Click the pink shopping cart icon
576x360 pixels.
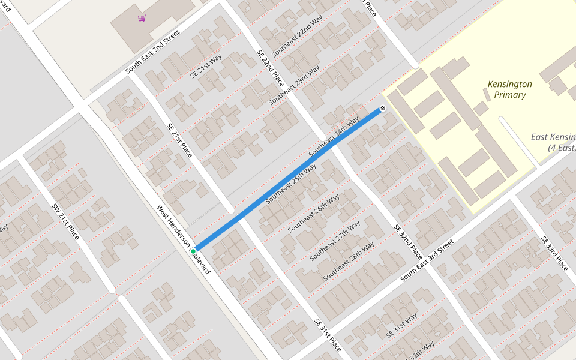[x=142, y=18]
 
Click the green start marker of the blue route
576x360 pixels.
[x=193, y=251]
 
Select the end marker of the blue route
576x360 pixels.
[x=382, y=109]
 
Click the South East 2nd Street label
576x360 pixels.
[x=152, y=53]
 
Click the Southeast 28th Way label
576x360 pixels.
[x=349, y=261]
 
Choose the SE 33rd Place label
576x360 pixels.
[x=554, y=253]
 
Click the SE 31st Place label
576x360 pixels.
[x=328, y=335]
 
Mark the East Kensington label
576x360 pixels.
[x=553, y=142]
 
